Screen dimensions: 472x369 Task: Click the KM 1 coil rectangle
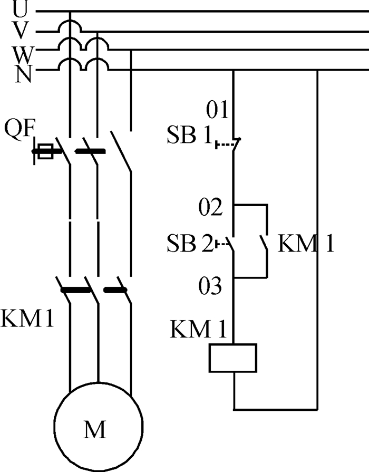tap(233, 358)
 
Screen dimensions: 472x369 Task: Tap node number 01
tap(218, 111)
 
